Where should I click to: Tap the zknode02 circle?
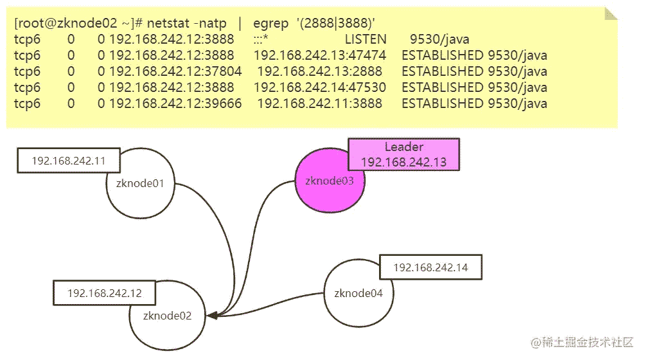pos(166,316)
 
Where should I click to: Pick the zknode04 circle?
pos(357,294)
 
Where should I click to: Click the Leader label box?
pos(403,154)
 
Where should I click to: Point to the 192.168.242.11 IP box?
pos(68,161)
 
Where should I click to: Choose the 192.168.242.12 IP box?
pos(105,293)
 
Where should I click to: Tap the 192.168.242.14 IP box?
pos(430,267)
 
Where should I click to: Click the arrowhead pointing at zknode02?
pos(213,315)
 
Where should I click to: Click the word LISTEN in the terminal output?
pos(365,39)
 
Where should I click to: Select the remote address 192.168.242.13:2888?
pos(319,71)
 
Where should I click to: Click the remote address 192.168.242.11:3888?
pos(319,104)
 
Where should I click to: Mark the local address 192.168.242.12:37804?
pos(175,71)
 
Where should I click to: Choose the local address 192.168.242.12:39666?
pos(175,104)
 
